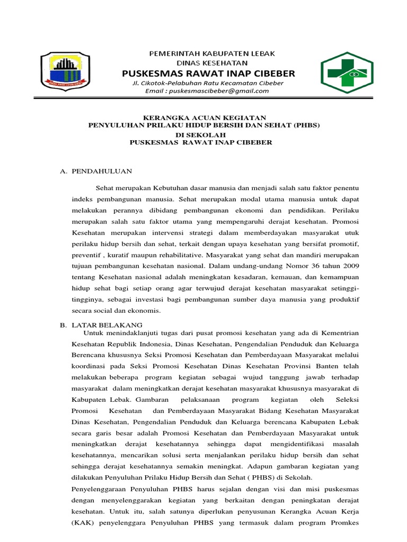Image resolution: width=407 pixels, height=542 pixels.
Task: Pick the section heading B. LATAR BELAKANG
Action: point(101,324)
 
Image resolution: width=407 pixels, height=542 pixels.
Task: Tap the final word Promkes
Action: point(344,523)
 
